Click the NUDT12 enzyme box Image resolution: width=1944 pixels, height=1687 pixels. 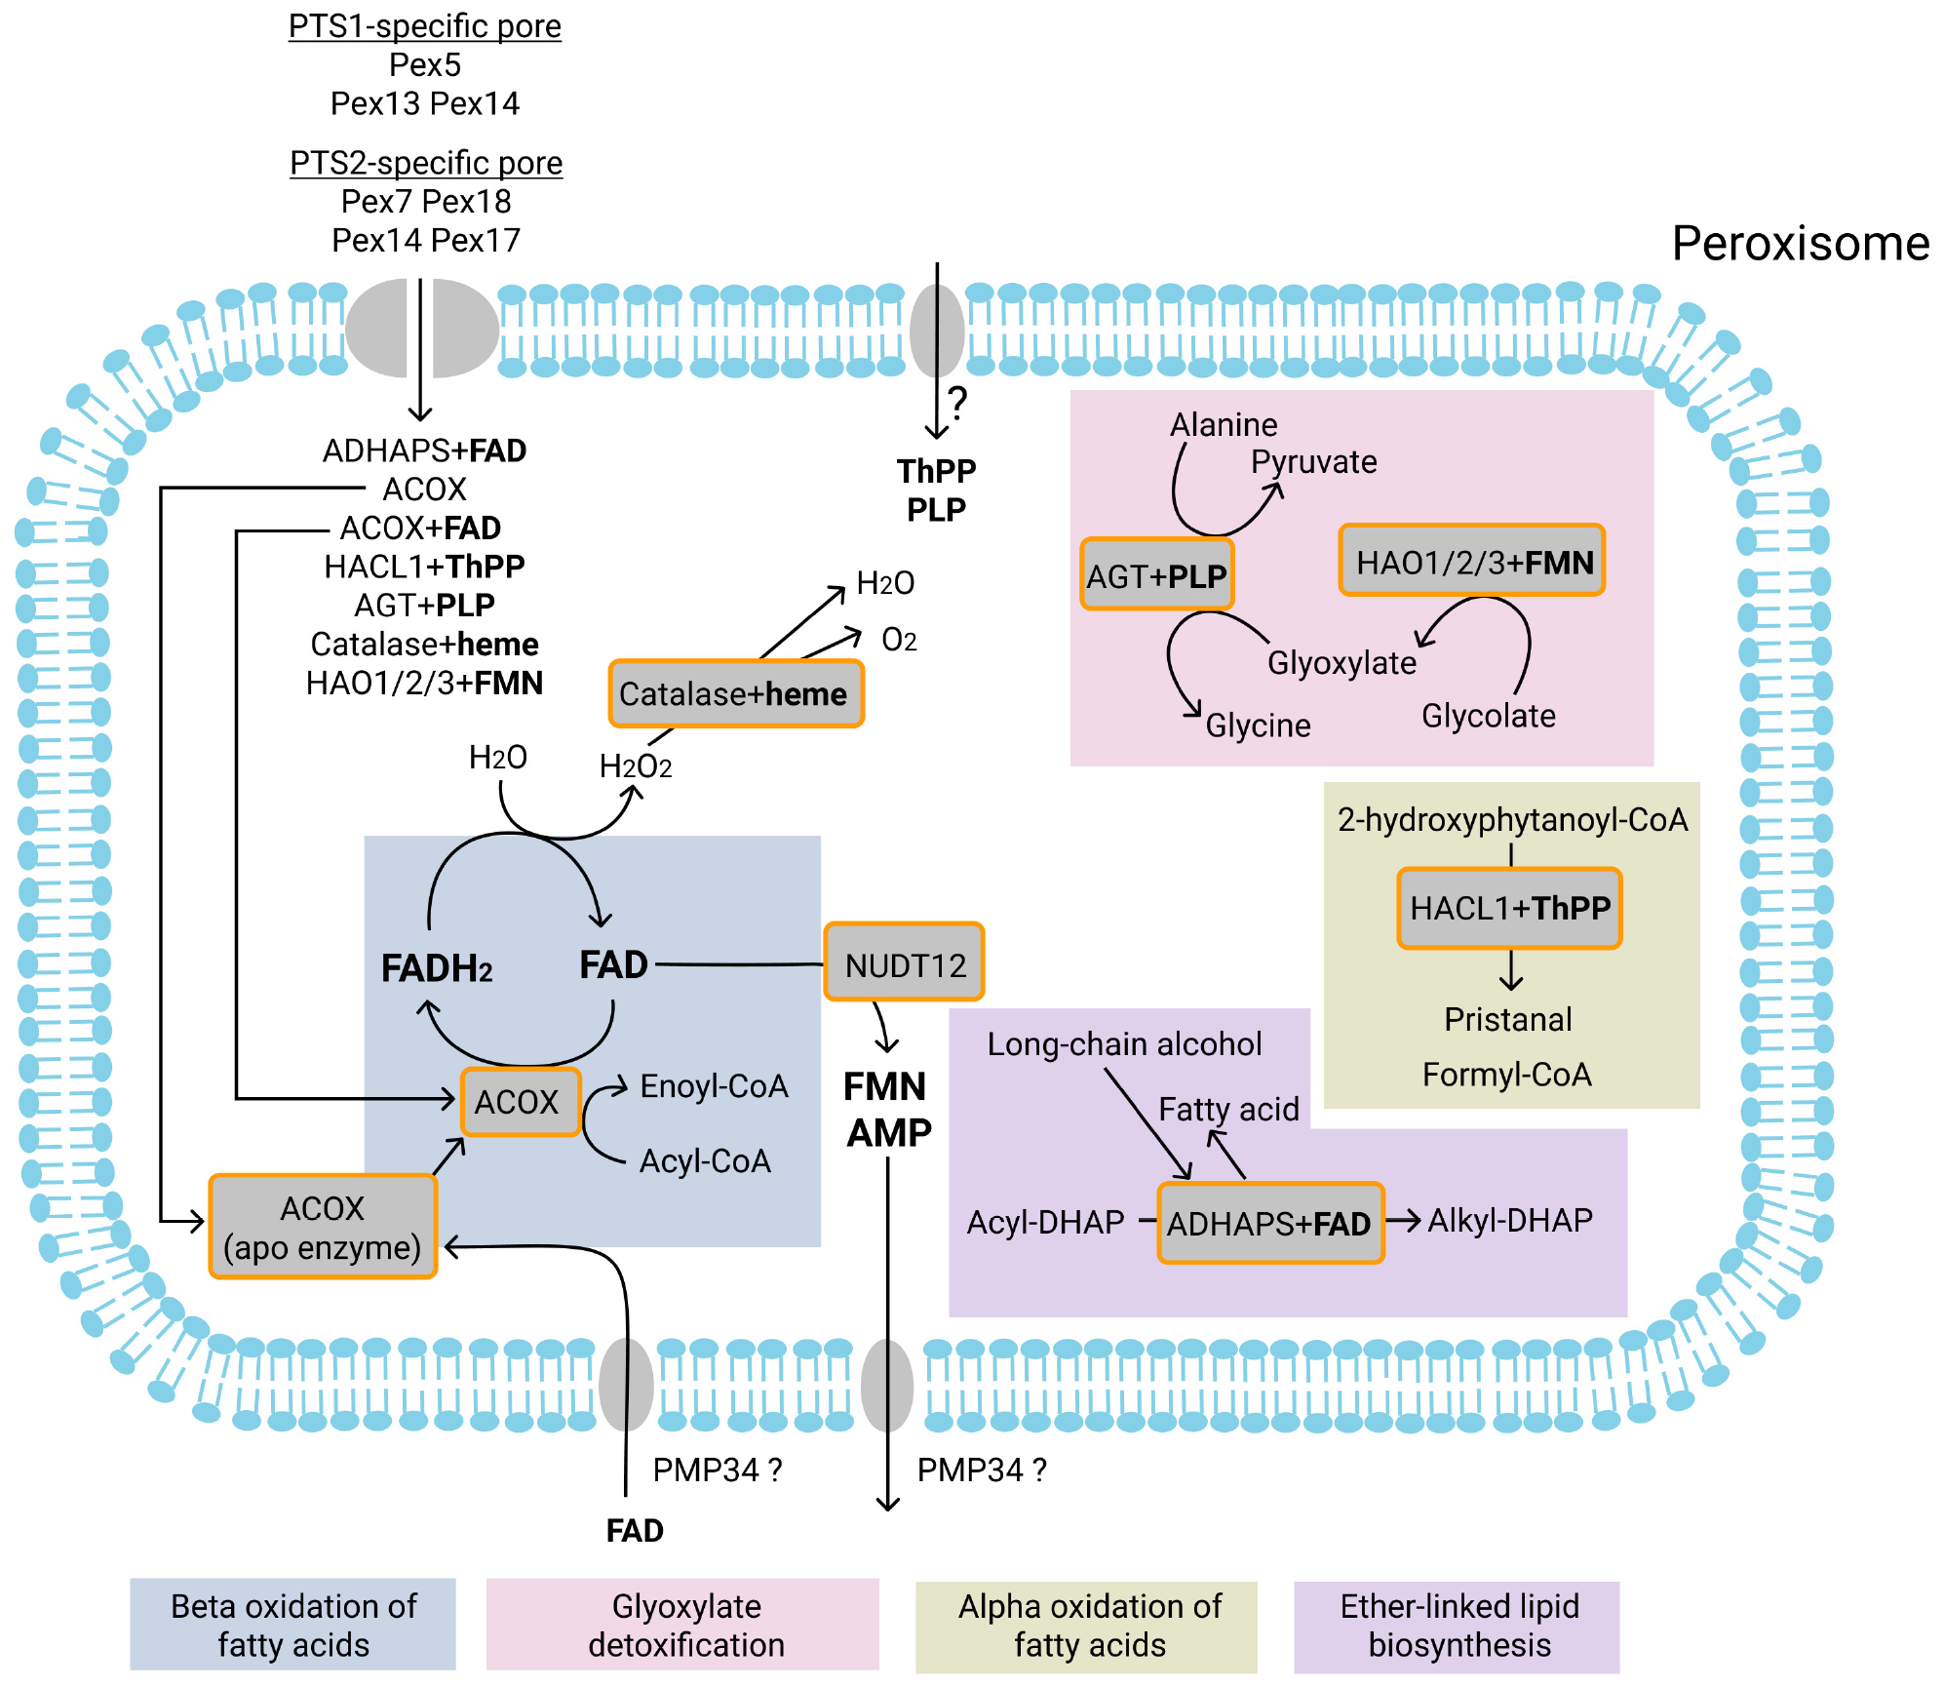point(904,962)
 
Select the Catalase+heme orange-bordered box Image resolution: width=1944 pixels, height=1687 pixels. point(736,693)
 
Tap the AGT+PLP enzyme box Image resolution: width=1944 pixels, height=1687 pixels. point(1157,575)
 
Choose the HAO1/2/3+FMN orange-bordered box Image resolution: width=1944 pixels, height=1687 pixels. point(1472,561)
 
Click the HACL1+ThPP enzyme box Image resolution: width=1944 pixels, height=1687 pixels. point(1509,908)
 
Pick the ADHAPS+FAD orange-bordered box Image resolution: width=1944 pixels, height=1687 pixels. point(1270,1223)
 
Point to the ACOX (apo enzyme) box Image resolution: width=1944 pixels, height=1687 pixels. point(323,1227)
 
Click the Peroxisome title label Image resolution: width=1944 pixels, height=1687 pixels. point(1800,243)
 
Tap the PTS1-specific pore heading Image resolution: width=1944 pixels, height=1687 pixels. point(425,26)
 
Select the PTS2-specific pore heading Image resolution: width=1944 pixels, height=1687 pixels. point(426,163)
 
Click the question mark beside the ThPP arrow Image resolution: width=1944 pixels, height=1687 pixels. point(958,402)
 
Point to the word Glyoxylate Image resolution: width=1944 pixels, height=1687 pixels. point(1341,663)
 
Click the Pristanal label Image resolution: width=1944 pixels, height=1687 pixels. point(1507,1019)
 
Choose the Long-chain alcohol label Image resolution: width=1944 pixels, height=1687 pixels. point(1124,1043)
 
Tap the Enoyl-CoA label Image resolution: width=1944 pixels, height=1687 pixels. point(714,1086)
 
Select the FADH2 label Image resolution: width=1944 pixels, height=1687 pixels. point(437,968)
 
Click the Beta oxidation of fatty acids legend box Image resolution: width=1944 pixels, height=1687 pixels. point(293,1625)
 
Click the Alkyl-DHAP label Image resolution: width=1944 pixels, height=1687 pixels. point(1509,1220)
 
